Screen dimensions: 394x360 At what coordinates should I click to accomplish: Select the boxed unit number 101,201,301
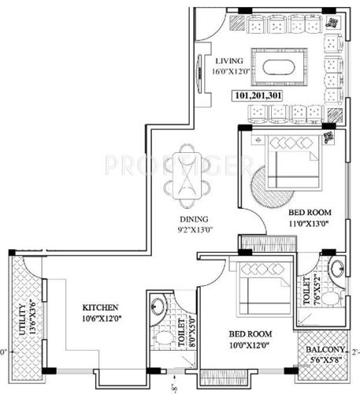pyautogui.click(x=258, y=96)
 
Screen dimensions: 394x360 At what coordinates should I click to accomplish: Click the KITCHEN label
pyautogui.click(x=100, y=307)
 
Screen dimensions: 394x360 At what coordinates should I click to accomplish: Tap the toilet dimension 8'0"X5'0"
pyautogui.click(x=191, y=331)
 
